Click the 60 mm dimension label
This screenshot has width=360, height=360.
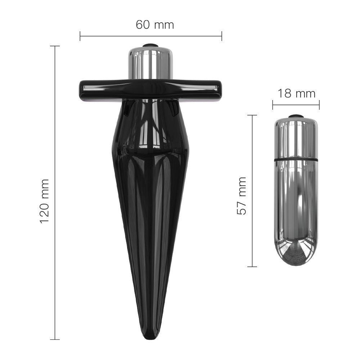click(155, 25)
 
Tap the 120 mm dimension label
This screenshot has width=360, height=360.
click(44, 201)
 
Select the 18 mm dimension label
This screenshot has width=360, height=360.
click(296, 94)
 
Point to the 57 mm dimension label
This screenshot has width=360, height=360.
click(242, 196)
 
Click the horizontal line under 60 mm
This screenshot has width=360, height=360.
click(151, 36)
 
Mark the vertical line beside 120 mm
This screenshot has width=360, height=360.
click(55, 193)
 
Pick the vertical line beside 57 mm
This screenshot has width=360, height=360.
click(252, 191)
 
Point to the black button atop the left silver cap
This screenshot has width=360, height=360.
click(150, 45)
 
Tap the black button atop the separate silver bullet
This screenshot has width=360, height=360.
click(296, 116)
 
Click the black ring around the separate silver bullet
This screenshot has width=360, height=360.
click(296, 158)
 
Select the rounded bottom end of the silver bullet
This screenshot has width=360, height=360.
click(296, 257)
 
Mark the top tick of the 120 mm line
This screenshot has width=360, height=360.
click(55, 46)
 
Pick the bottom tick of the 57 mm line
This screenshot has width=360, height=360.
click(252, 267)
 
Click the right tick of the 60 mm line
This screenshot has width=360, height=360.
click(222, 36)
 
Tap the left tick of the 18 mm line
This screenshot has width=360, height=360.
click(273, 105)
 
